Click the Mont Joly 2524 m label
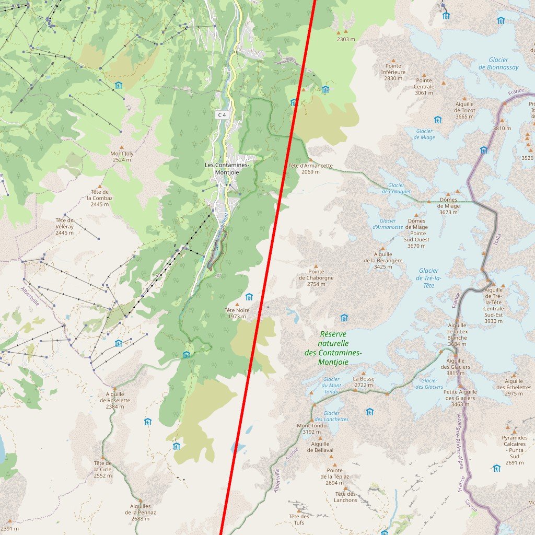pyautogui.click(x=121, y=156)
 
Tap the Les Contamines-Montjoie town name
pyautogui.click(x=227, y=168)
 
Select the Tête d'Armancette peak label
pyautogui.click(x=310, y=168)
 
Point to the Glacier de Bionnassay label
pyautogui.click(x=498, y=64)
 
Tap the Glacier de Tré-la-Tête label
pyautogui.click(x=429, y=278)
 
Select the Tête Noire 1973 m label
pyautogui.click(x=237, y=313)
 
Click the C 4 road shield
pyautogui.click(x=222, y=114)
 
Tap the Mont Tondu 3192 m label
pyautogui.click(x=312, y=428)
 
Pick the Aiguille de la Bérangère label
pyautogui.click(x=383, y=260)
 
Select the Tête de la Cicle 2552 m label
pyautogui.click(x=102, y=469)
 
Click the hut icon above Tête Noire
pyautogui.click(x=249, y=297)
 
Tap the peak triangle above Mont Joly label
pyautogui.click(x=122, y=147)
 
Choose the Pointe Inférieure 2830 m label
pyautogui.click(x=393, y=72)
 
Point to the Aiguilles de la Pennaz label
pyautogui.click(x=138, y=512)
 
